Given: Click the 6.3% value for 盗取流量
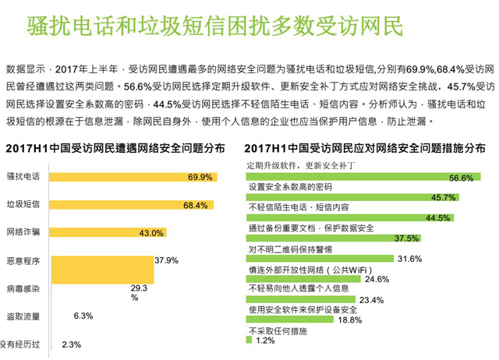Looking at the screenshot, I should (x=83, y=316).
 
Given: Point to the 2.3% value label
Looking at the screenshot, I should (x=71, y=344).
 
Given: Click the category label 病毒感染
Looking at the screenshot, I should (x=23, y=288).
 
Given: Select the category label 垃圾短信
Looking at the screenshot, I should (x=23, y=205).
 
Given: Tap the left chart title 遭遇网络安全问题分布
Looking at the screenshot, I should (x=116, y=148).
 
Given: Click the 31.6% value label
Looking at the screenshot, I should (x=409, y=259).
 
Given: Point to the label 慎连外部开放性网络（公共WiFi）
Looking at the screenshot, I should (x=307, y=270).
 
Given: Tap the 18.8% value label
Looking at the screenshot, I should (x=351, y=319).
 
